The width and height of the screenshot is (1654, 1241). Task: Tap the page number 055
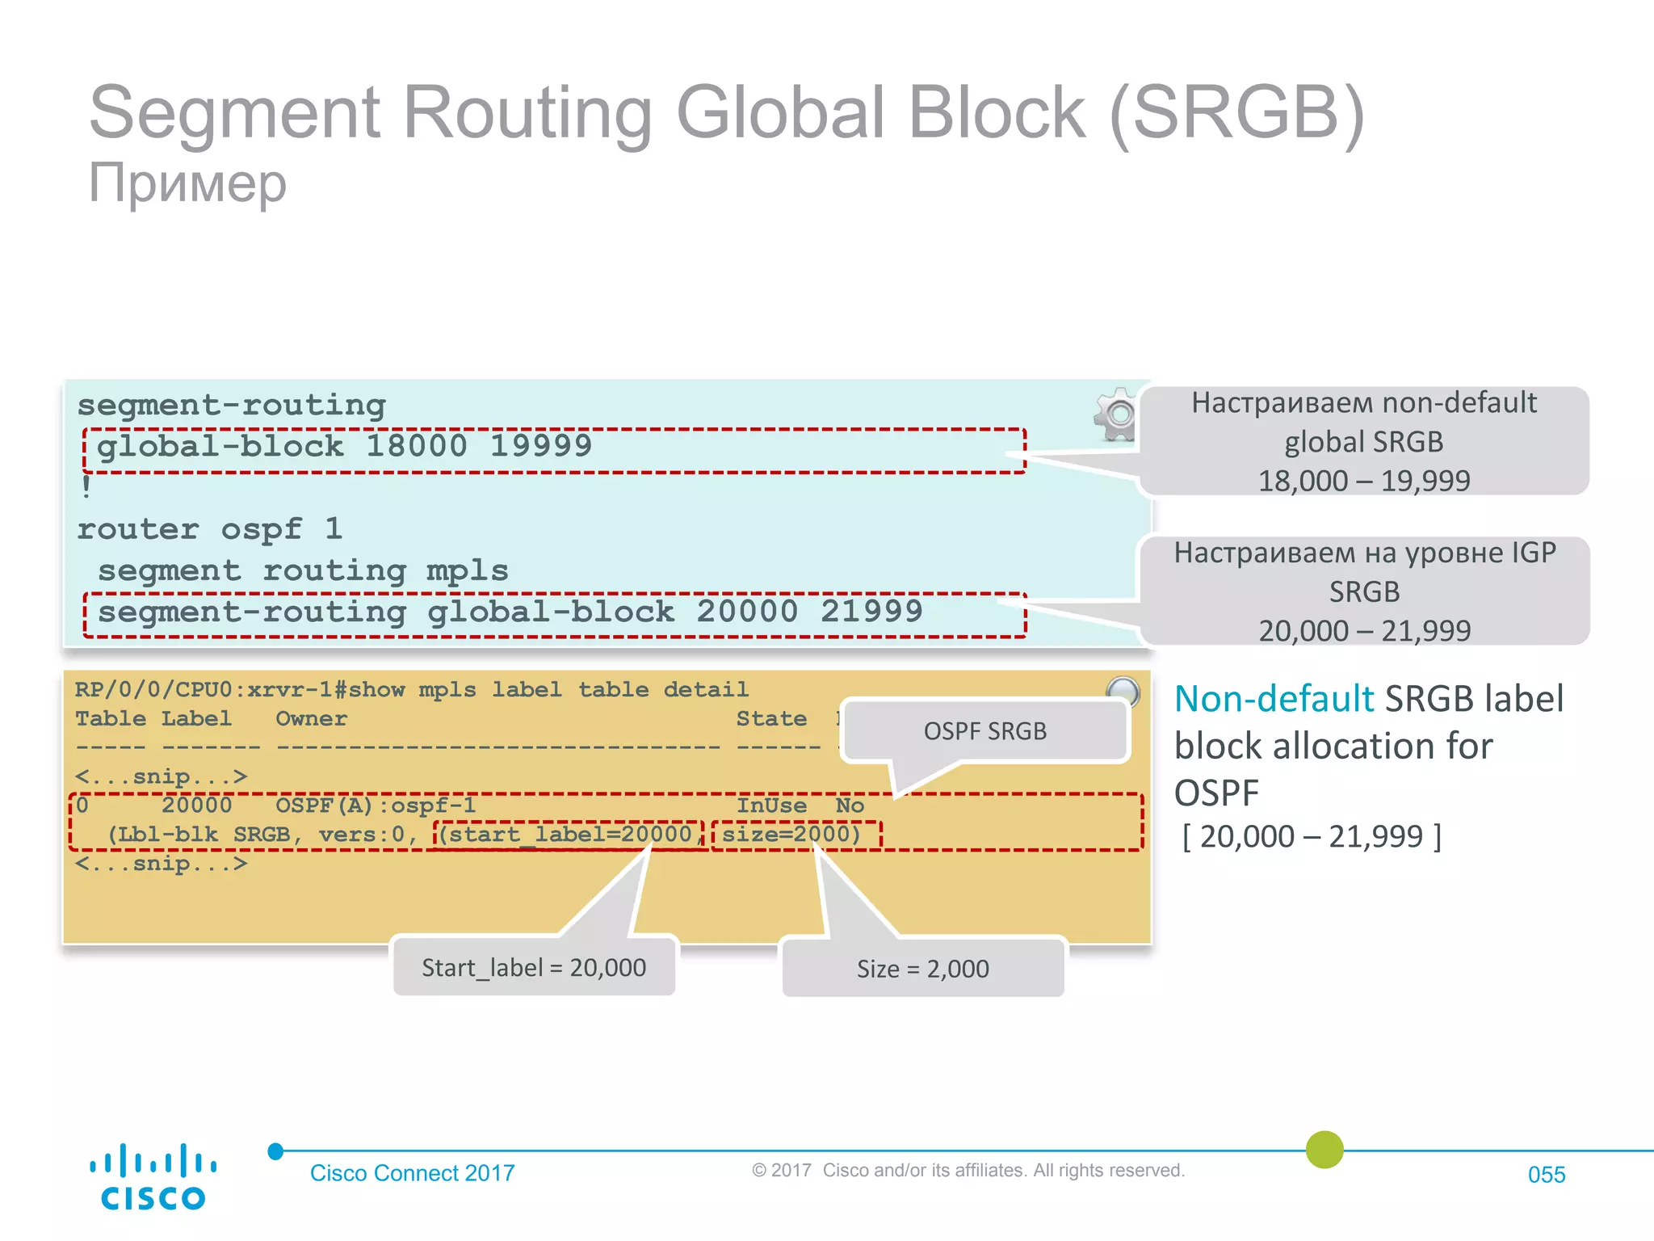click(1546, 1174)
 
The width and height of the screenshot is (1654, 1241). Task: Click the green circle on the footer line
click(1324, 1150)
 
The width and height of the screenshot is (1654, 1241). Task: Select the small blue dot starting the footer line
click(275, 1151)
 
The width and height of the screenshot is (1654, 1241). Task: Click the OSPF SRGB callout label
click(984, 731)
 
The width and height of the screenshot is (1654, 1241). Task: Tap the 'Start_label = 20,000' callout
click(534, 967)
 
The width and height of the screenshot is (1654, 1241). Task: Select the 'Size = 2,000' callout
click(922, 968)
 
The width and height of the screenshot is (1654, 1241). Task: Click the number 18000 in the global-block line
click(417, 446)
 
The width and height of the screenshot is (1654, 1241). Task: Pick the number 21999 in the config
click(871, 612)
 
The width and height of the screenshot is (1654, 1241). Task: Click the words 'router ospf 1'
click(210, 529)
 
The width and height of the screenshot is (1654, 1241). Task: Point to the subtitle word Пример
click(187, 183)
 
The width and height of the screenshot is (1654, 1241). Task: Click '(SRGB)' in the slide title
click(1237, 113)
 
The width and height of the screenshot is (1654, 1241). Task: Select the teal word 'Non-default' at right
click(1274, 699)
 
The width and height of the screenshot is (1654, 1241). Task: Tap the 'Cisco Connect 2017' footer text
click(412, 1172)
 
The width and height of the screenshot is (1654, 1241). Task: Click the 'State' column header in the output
click(771, 718)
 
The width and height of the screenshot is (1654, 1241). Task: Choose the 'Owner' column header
click(311, 718)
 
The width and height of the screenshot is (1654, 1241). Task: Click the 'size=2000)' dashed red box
click(796, 835)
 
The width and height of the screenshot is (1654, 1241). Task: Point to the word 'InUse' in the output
click(771, 806)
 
